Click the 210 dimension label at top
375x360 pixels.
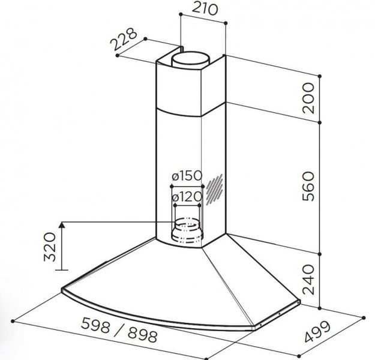[x=205, y=9]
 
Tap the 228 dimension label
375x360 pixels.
[x=124, y=39]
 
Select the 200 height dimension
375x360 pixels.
[x=308, y=98]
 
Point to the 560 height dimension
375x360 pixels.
[x=308, y=187]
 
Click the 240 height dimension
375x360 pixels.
[x=308, y=279]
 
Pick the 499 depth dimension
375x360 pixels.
[x=318, y=332]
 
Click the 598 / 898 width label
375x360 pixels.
[x=119, y=330]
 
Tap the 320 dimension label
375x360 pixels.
[x=50, y=247]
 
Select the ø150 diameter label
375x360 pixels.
[x=187, y=176]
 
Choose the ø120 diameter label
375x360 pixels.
[x=187, y=197]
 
